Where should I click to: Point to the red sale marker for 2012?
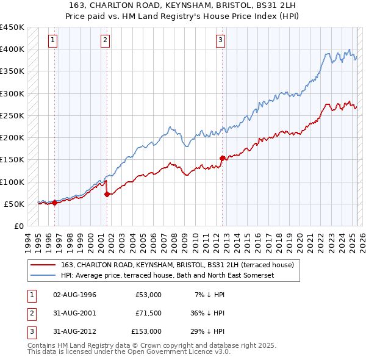222,159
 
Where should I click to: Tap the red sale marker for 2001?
107,194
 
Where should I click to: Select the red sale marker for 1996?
55,203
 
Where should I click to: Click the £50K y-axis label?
15,204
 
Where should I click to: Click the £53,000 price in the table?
148,295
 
